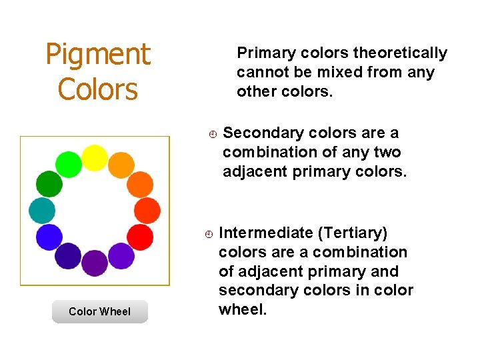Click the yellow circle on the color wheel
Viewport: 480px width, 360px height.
[x=95, y=158]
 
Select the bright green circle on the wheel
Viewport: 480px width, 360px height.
[x=68, y=164]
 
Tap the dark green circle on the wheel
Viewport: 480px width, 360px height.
[x=49, y=183]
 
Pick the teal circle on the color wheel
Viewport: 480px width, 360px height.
[x=42, y=210]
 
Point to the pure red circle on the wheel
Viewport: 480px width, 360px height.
[x=139, y=237]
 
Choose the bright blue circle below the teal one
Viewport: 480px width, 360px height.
[x=49, y=237]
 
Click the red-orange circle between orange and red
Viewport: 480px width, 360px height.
[x=147, y=210]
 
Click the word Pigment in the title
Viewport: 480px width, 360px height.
[x=98, y=55]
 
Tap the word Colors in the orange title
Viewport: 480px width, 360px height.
[x=98, y=89]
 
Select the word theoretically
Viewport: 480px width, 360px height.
[x=400, y=53]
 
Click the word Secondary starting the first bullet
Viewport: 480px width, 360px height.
[x=257, y=133]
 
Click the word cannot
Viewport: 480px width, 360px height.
[x=259, y=72]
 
